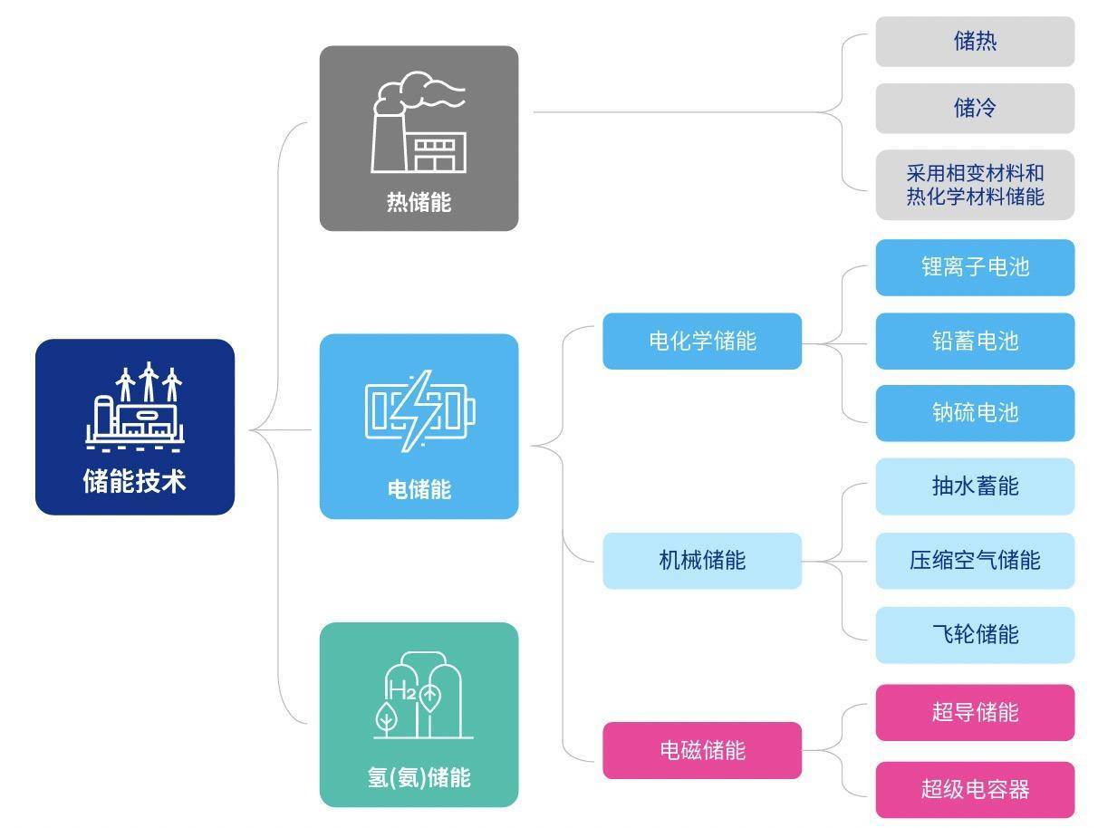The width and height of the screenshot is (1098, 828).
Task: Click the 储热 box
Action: (975, 42)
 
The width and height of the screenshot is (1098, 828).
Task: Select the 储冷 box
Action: (975, 109)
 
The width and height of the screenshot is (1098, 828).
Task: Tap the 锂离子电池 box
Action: (975, 267)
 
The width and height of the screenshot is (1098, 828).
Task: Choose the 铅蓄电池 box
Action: (975, 341)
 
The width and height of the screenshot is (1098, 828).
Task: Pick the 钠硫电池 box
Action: (975, 413)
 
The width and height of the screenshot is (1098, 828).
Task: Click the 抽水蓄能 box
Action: (975, 486)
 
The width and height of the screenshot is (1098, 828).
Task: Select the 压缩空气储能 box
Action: (975, 560)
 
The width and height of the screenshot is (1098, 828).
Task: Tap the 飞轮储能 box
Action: (975, 634)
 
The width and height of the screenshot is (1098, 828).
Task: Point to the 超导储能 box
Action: (975, 712)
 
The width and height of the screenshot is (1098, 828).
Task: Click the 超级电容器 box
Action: (975, 789)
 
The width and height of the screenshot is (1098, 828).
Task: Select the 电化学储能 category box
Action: (702, 342)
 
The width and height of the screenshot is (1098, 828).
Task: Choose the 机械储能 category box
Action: (702, 561)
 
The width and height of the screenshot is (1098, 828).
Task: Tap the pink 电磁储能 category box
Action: (702, 750)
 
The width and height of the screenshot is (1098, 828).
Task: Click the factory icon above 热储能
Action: (419, 123)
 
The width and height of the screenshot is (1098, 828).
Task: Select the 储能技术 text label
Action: (135, 481)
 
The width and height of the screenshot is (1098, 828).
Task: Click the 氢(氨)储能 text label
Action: (419, 777)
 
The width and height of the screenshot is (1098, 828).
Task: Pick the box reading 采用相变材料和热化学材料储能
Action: (975, 185)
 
